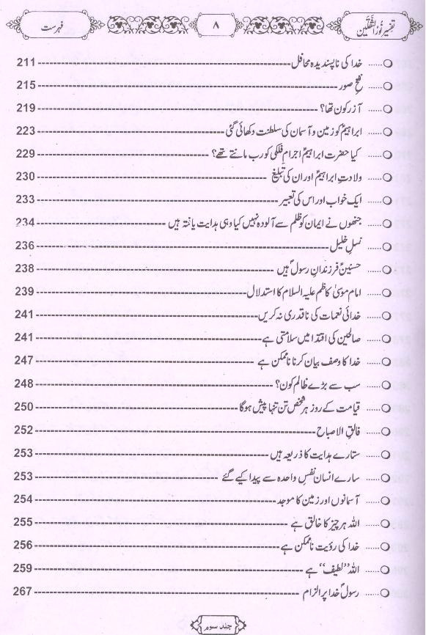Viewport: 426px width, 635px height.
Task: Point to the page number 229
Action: click(x=26, y=154)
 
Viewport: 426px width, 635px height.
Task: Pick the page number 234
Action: click(x=26, y=222)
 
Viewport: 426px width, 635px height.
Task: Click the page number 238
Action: click(x=26, y=268)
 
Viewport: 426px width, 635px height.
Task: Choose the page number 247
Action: click(x=26, y=359)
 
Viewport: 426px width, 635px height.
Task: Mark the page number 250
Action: click(x=26, y=405)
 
